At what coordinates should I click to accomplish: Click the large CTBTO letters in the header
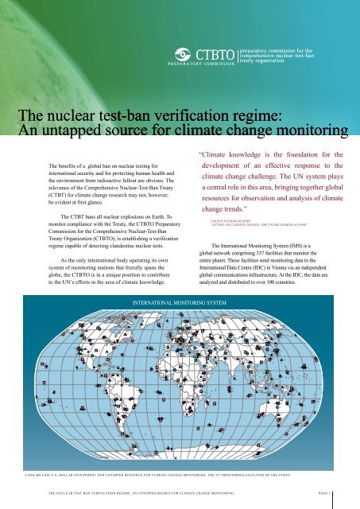pyautogui.click(x=216, y=54)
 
